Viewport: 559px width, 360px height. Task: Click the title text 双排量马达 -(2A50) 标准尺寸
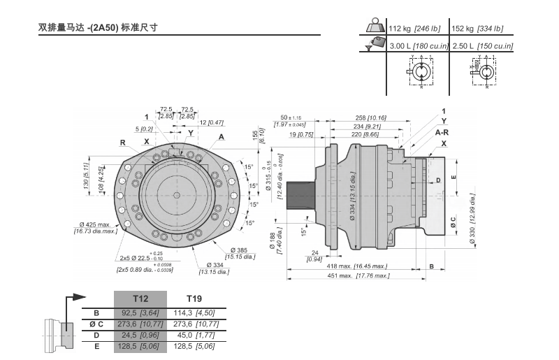pyautogui.click(x=99, y=29)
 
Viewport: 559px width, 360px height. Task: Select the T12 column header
pyautogui.click(x=141, y=298)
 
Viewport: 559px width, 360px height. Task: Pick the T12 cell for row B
pyautogui.click(x=141, y=314)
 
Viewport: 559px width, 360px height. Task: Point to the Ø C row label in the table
pyautogui.click(x=96, y=324)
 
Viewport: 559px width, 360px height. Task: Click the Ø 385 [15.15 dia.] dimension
pyautogui.click(x=244, y=253)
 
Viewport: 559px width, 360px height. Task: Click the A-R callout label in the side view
pyautogui.click(x=442, y=131)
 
